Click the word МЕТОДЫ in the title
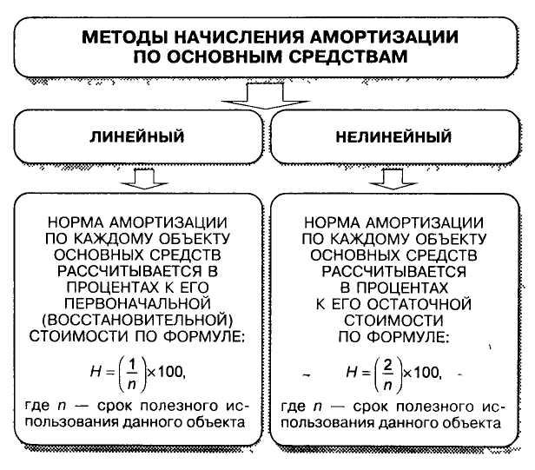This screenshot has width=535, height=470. (x=125, y=36)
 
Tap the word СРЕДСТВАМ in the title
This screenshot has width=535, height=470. (x=348, y=56)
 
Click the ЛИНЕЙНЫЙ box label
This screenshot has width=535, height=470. (x=137, y=136)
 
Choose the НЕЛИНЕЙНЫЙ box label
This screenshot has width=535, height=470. (x=393, y=136)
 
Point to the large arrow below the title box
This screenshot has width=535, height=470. (x=266, y=96)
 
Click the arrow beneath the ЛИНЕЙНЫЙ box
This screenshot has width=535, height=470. (x=144, y=179)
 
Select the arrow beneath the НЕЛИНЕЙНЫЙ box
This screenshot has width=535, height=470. (x=393, y=179)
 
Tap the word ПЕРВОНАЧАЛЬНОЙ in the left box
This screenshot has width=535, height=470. (x=137, y=303)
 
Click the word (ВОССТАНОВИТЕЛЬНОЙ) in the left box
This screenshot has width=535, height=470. (x=137, y=321)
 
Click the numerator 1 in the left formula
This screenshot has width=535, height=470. (x=132, y=366)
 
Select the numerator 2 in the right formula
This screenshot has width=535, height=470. (x=388, y=366)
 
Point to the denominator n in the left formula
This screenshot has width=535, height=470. (x=132, y=386)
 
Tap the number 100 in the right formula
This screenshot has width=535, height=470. (x=426, y=372)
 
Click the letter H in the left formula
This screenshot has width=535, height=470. (x=96, y=371)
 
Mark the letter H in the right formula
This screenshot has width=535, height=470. (x=352, y=371)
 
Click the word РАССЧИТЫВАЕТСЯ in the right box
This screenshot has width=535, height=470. (x=393, y=271)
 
